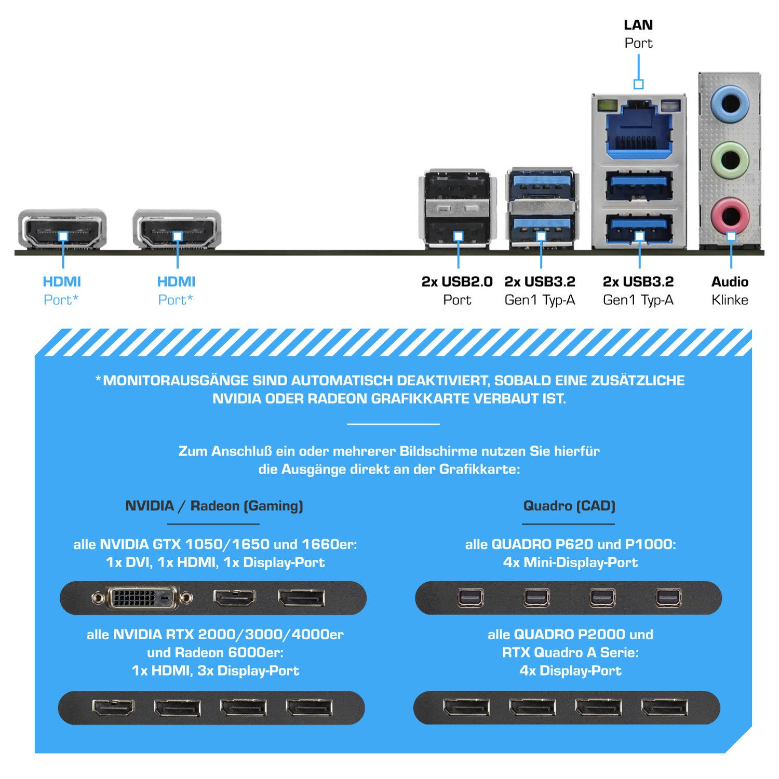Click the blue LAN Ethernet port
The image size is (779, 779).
[x=638, y=131]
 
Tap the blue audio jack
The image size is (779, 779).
[x=730, y=103]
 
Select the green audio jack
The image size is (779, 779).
[x=730, y=158]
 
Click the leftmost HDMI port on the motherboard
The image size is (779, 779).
[x=62, y=229]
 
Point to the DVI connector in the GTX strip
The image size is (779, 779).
[x=142, y=598]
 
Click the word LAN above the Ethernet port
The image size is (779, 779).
[x=638, y=25]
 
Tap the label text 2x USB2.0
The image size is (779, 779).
[x=457, y=282]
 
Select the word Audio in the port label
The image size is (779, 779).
[x=730, y=282]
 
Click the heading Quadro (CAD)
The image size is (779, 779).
[x=569, y=506]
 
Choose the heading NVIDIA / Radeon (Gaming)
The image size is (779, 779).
[x=214, y=506]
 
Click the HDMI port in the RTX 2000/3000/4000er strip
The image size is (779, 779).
[x=113, y=707]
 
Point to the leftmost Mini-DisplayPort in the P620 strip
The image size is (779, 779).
[x=471, y=598]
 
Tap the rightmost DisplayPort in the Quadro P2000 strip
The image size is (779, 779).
[x=665, y=707]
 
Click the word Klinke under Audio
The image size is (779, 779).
[x=730, y=300]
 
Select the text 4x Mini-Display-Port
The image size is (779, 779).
[x=570, y=562]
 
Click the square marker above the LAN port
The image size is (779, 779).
[x=639, y=84]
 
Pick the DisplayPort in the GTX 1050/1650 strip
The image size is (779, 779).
[x=301, y=598]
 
